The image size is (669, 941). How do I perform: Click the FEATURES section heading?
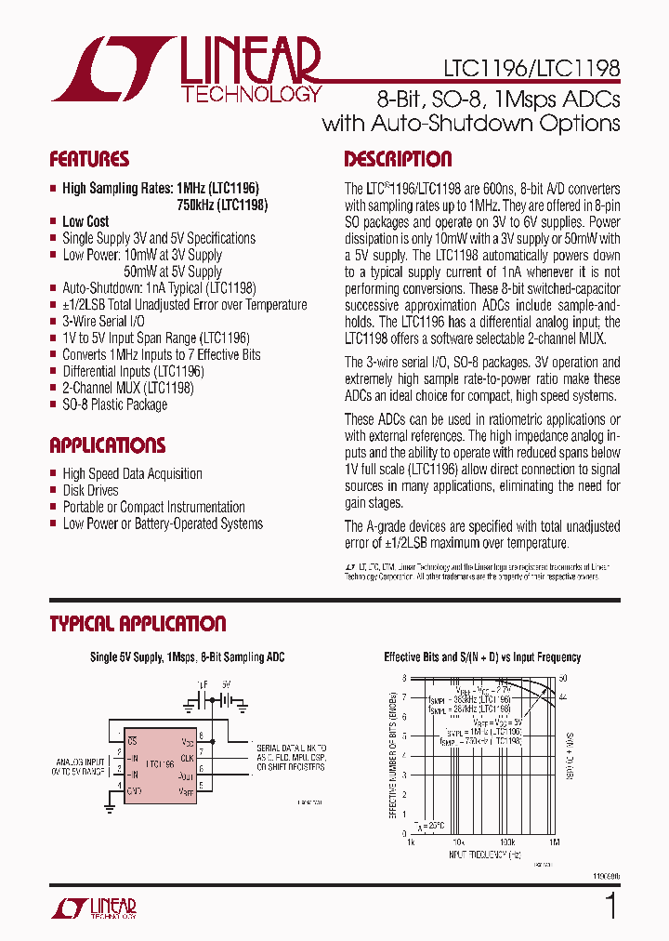click(x=89, y=159)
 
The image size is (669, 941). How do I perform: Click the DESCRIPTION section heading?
click(x=398, y=159)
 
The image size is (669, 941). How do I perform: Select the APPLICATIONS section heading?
click(x=108, y=445)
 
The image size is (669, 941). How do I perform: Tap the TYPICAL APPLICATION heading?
click(x=138, y=624)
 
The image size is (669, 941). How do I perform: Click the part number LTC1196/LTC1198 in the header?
click(x=524, y=68)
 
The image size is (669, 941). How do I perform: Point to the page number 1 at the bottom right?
click(x=610, y=907)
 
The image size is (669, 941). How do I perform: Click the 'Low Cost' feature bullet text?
click(x=85, y=221)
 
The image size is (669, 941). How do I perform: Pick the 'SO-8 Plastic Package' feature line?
click(x=115, y=405)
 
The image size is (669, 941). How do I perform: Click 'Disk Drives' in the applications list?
click(x=90, y=490)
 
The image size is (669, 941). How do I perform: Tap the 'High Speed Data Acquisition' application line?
click(x=132, y=473)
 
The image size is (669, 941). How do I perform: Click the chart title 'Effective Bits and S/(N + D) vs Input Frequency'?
click(x=482, y=657)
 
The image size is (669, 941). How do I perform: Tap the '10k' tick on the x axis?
click(x=458, y=842)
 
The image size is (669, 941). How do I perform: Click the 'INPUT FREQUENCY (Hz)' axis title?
click(x=482, y=852)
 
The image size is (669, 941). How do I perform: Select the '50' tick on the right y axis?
click(x=562, y=678)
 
